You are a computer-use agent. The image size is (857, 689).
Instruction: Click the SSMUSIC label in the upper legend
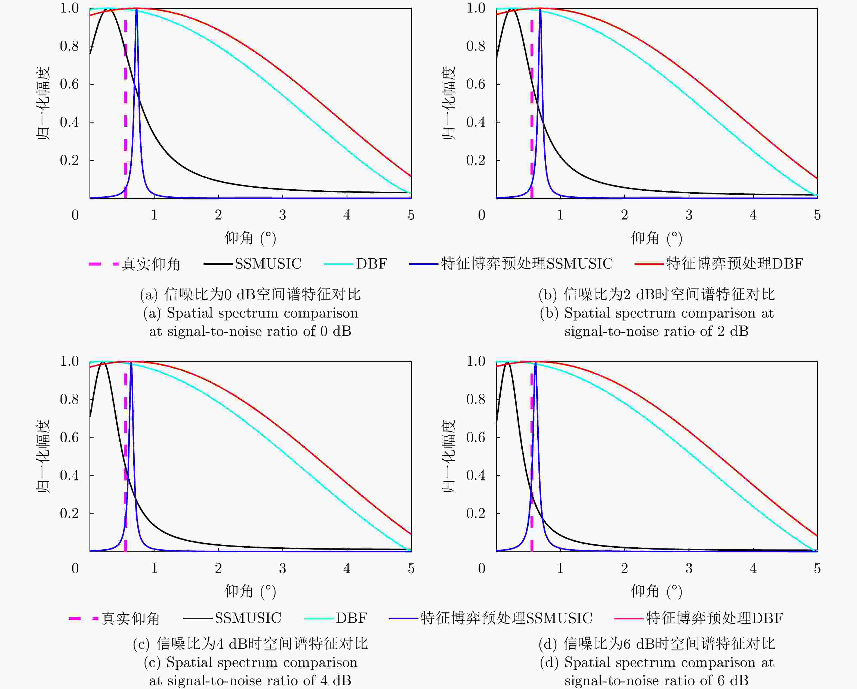coord(268,264)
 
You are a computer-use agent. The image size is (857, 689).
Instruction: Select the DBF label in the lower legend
coord(352,618)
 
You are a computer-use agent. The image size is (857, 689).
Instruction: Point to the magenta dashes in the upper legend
coord(104,264)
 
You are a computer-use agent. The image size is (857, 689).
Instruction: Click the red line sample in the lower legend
coord(628,618)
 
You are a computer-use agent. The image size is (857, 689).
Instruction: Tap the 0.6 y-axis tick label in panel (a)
coord(70,84)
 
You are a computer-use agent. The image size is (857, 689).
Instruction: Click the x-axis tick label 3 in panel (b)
coord(689,215)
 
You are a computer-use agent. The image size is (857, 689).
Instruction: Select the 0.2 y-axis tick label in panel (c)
coord(70,513)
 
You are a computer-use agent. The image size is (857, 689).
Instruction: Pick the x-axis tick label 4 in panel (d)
coord(753,568)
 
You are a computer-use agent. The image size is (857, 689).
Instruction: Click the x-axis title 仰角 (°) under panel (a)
coord(250,238)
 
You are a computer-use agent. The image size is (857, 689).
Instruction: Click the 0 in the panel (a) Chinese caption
coord(227,294)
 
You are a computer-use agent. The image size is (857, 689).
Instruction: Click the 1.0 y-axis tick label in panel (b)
coord(476,8)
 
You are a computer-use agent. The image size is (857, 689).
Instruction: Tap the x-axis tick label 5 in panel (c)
coord(411,568)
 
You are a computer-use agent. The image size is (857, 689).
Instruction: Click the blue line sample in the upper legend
coord(424,264)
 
